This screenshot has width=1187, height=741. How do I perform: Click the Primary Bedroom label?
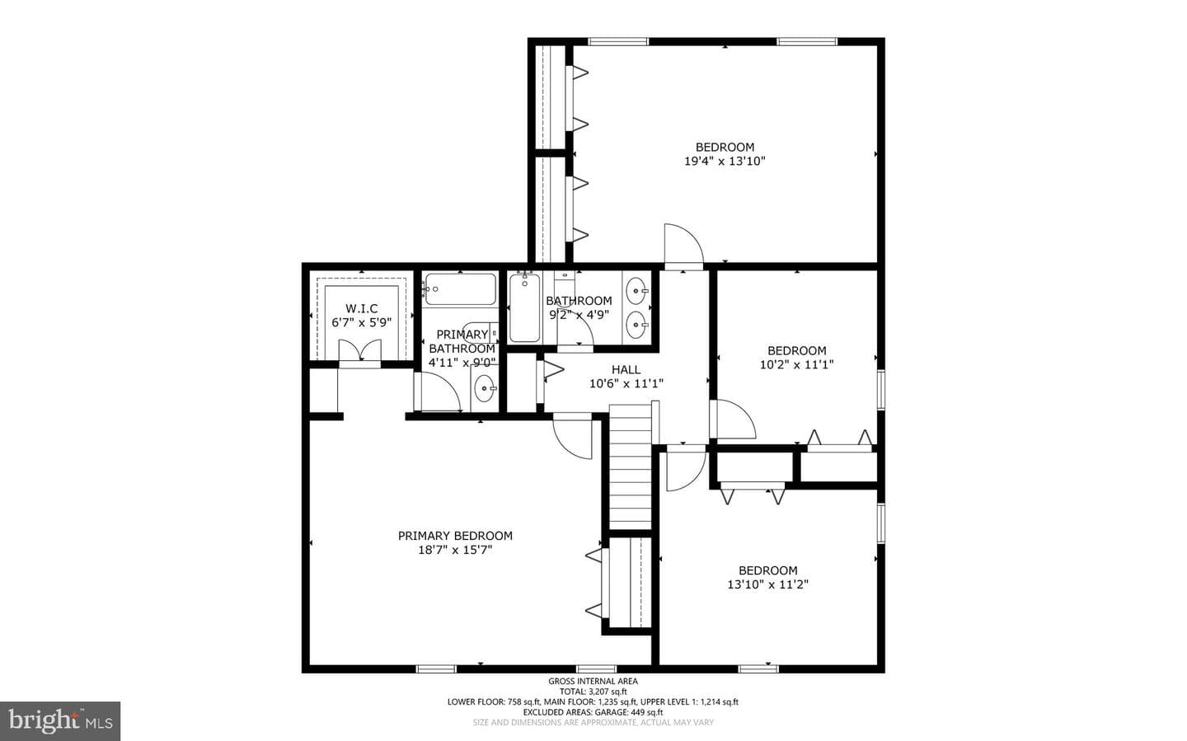pyautogui.click(x=455, y=536)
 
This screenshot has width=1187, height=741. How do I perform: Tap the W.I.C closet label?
pyautogui.click(x=361, y=308)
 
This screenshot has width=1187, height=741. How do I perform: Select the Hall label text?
pyautogui.click(x=626, y=369)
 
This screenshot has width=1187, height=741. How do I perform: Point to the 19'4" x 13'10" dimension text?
pyautogui.click(x=725, y=161)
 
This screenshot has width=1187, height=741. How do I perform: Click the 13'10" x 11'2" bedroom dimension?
pyautogui.click(x=768, y=584)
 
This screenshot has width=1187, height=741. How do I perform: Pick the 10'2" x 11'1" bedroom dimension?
pyautogui.click(x=796, y=364)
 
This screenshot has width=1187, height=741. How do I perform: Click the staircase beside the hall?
pyautogui.click(x=630, y=467)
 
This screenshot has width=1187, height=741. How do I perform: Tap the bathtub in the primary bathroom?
pyautogui.click(x=461, y=289)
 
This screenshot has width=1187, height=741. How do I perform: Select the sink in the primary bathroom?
pyautogui.click(x=485, y=388)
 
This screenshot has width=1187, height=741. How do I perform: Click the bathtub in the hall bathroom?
pyautogui.click(x=524, y=308)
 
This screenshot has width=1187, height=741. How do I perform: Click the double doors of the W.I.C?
pyautogui.click(x=359, y=351)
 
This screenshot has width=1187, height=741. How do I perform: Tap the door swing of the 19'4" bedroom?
pyautogui.click(x=683, y=244)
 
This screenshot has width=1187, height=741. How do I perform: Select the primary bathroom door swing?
pyautogui.click(x=438, y=392)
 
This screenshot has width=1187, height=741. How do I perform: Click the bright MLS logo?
pyautogui.click(x=60, y=721)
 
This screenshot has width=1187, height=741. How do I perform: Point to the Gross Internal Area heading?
pyautogui.click(x=593, y=681)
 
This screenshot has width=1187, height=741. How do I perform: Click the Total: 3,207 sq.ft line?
pyautogui.click(x=593, y=692)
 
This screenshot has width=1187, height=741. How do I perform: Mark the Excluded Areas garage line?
pyautogui.click(x=593, y=712)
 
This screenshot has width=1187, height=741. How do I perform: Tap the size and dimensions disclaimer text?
pyautogui.click(x=593, y=722)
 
